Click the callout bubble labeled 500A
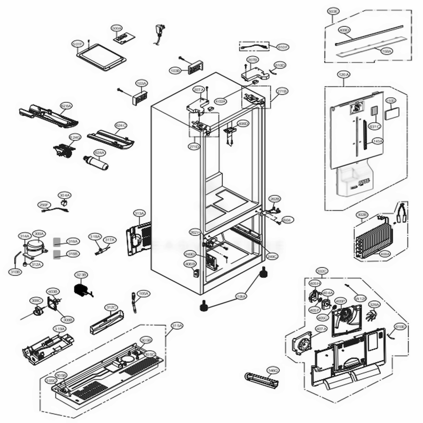(x=117, y=28)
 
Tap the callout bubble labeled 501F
(x=77, y=44)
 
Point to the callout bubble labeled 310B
(x=15, y=272)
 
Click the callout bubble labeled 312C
(x=111, y=307)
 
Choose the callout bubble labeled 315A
(x=177, y=325)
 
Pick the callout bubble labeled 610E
(x=400, y=327)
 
